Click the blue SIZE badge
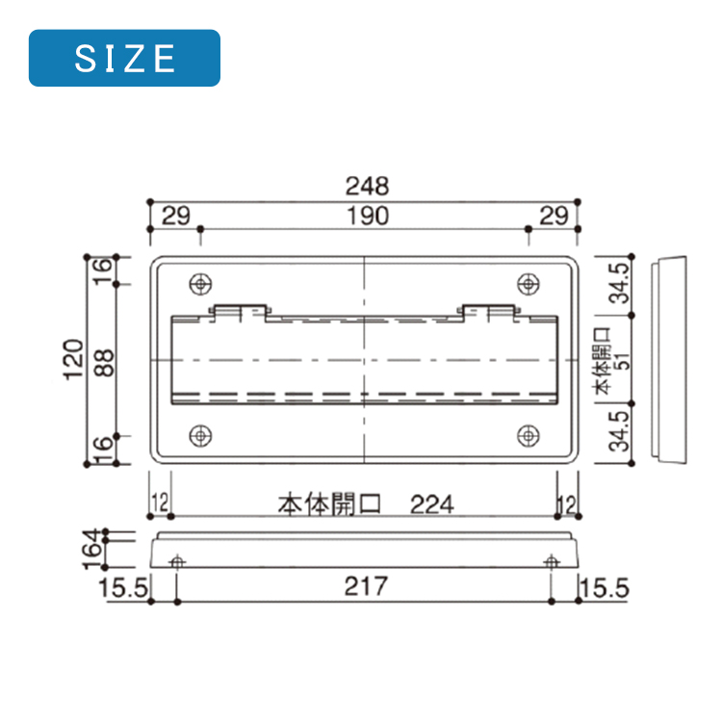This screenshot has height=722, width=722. (124, 58)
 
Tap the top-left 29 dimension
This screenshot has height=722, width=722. (175, 217)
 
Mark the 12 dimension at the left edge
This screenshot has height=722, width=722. (160, 503)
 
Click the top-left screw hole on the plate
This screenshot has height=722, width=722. (200, 284)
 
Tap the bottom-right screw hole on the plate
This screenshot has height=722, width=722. (528, 436)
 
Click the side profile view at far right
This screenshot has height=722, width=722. (670, 359)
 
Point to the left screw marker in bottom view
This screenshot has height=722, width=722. (176, 561)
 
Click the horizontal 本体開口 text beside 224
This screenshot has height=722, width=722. (330, 503)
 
